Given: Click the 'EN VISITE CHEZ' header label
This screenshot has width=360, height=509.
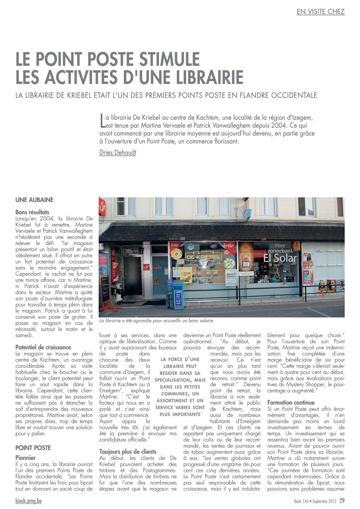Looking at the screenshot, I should coord(320,12).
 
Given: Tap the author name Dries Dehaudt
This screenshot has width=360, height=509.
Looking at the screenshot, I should coord(118,152).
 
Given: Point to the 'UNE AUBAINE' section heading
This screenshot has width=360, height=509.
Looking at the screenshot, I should coord(34,200).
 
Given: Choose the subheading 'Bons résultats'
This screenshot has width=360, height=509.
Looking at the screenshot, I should coord(32,212).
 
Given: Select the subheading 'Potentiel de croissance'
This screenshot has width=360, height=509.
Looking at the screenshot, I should coord(43,347).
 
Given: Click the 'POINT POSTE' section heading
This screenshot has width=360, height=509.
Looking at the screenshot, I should coord(33,448).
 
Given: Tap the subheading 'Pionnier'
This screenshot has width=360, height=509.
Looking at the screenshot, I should coord(26,458).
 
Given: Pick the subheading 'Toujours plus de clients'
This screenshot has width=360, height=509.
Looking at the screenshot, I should coord(128,451).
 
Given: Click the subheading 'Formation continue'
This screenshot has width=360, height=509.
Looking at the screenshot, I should coord(291,403).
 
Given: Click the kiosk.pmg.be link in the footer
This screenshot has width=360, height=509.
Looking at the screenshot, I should coord(29,501).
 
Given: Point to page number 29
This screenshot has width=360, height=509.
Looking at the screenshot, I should coord(342,501).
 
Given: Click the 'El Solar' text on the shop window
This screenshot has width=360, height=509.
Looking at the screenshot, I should coord(280,258).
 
